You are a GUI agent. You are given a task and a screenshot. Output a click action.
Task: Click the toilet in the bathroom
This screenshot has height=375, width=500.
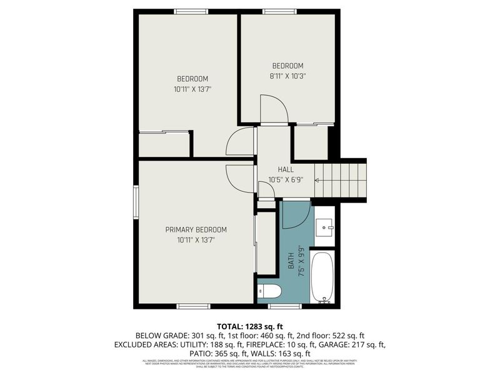(270, 291)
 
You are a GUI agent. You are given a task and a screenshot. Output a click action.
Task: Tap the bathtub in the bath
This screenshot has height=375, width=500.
(323, 276)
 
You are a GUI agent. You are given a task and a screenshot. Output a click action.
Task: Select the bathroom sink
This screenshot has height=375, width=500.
(324, 226)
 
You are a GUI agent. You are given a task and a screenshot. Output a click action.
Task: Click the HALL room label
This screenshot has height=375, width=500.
(285, 169)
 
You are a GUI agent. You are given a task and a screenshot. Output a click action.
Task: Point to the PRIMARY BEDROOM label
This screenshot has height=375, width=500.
(196, 229)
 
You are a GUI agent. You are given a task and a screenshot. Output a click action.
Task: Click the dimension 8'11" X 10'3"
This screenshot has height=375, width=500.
(287, 76)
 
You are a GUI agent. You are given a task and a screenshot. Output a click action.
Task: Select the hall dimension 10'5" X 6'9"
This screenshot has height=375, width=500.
(285, 179)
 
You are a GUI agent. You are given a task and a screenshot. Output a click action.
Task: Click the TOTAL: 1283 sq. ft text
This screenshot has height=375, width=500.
(250, 326)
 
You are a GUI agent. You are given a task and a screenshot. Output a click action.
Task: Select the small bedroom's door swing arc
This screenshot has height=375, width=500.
(274, 109)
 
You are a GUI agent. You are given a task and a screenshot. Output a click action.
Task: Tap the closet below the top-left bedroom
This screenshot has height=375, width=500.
(164, 145)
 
